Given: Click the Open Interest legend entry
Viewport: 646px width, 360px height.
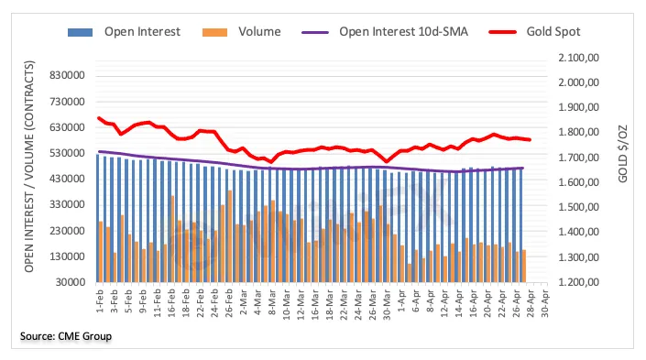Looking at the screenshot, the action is [x=124, y=32].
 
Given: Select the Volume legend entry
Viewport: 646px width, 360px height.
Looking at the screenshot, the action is [x=241, y=32].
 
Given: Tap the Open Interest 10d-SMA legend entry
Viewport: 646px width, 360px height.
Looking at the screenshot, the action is [x=385, y=32].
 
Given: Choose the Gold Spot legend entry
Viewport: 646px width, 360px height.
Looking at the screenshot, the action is [x=534, y=32].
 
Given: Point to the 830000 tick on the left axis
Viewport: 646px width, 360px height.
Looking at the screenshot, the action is [x=67, y=75].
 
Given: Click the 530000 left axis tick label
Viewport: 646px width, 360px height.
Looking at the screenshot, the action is [x=67, y=153].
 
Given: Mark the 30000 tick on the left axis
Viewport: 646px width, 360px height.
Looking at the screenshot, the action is [x=70, y=282].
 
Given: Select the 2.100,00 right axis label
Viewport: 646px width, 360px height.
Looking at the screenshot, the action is [x=578, y=58].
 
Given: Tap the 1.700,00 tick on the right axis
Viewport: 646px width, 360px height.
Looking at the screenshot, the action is [x=578, y=158].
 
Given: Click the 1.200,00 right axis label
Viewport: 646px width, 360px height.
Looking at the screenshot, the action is [x=578, y=282].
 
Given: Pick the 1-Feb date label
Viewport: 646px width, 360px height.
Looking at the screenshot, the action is [x=100, y=300].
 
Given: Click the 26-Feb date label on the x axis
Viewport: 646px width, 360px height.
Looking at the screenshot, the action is [x=229, y=302].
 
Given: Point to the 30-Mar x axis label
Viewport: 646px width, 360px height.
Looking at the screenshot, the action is [x=387, y=302].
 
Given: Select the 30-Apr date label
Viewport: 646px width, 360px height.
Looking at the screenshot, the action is [x=544, y=302].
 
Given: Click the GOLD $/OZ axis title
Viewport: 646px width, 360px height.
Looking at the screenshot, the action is [x=622, y=154].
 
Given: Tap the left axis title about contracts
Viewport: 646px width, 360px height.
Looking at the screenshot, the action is [x=28, y=167].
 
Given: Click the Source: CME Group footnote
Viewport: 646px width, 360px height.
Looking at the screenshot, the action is [x=66, y=336].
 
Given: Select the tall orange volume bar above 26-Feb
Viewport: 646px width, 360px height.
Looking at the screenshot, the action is [x=229, y=236].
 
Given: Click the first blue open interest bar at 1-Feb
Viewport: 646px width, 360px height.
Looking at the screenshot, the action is [x=98, y=218].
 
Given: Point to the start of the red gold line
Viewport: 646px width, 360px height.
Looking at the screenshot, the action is [x=99, y=118].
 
